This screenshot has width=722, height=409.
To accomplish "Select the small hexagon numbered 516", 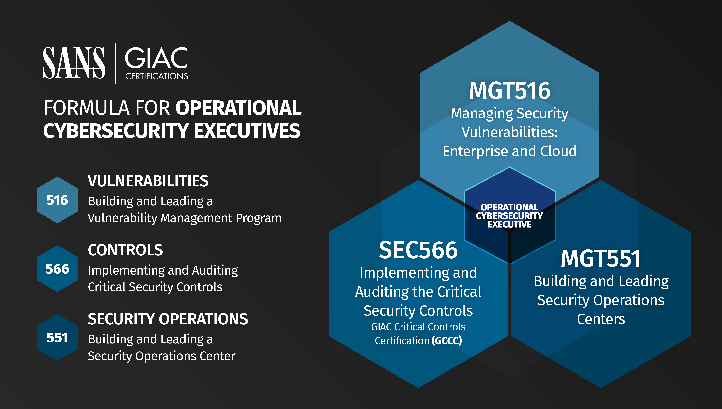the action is click(x=57, y=200).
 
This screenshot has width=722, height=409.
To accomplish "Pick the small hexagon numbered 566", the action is click(x=57, y=269).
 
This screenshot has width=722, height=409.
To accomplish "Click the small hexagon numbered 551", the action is click(x=57, y=338).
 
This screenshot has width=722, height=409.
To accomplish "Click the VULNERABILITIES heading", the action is click(x=148, y=181).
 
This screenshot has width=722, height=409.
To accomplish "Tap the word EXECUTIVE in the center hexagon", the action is click(x=509, y=224).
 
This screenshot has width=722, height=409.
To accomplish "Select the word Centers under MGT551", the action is click(x=601, y=319).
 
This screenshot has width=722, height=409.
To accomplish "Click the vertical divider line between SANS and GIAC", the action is click(x=115, y=63).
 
